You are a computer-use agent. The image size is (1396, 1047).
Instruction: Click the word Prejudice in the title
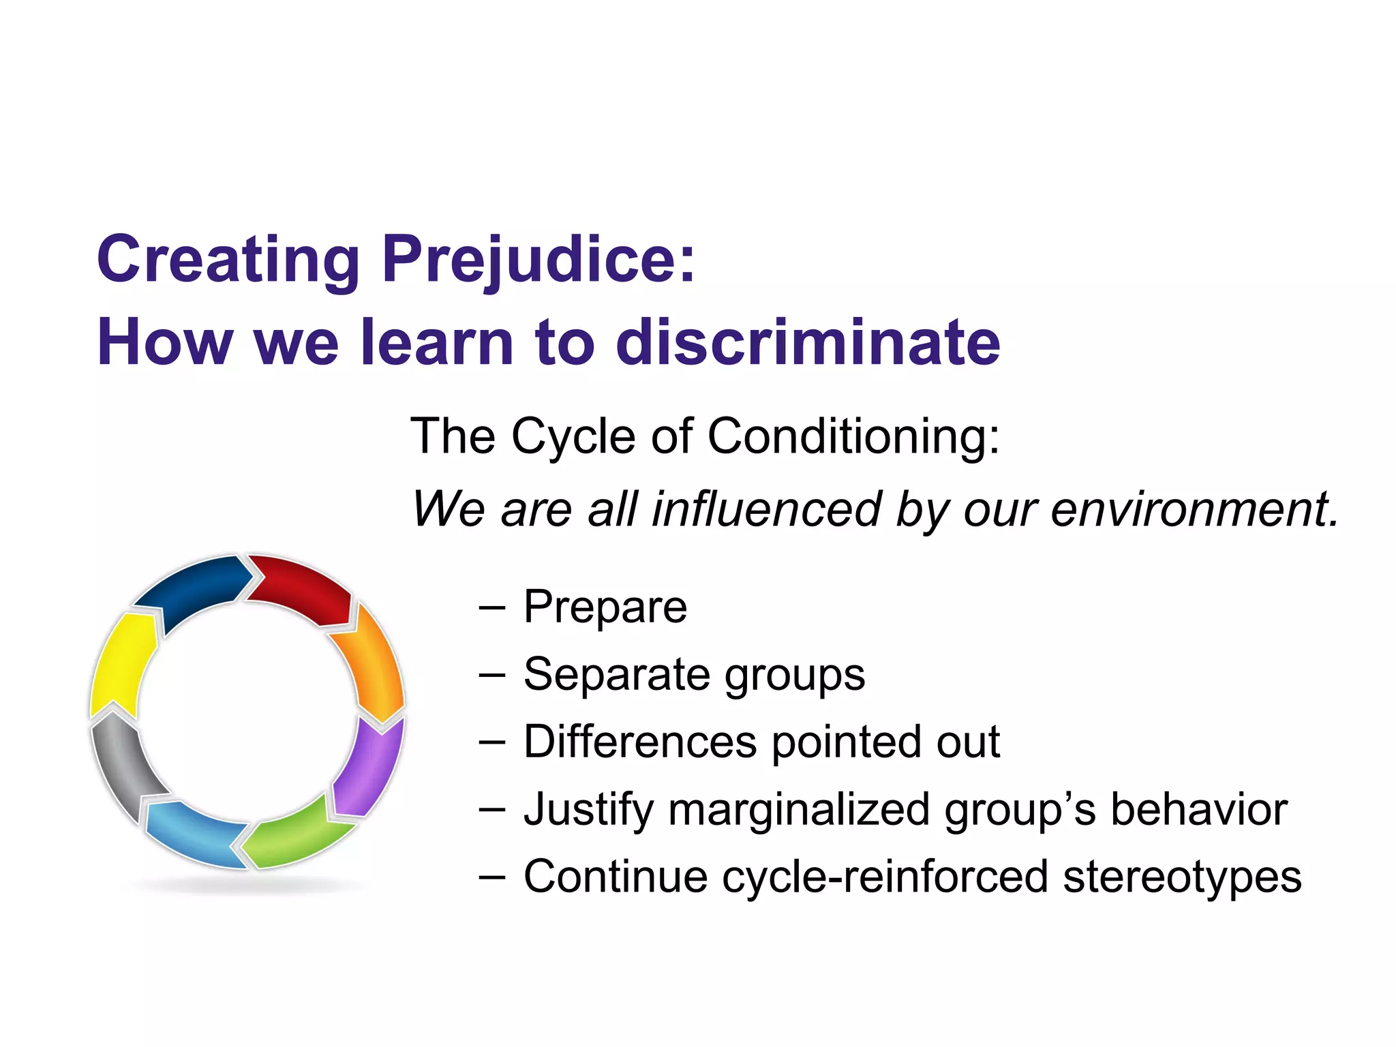(x=538, y=261)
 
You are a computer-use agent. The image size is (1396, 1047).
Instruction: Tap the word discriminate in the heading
(x=808, y=343)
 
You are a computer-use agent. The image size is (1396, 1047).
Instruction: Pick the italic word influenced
(x=767, y=510)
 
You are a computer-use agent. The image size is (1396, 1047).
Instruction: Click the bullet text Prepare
(x=605, y=607)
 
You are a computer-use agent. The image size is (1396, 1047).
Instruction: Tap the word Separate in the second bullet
(x=616, y=675)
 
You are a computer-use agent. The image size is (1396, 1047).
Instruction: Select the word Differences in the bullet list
(x=640, y=742)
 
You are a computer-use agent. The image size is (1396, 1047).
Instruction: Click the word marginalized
(x=799, y=810)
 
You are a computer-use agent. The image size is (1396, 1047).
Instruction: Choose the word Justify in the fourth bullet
(x=588, y=810)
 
